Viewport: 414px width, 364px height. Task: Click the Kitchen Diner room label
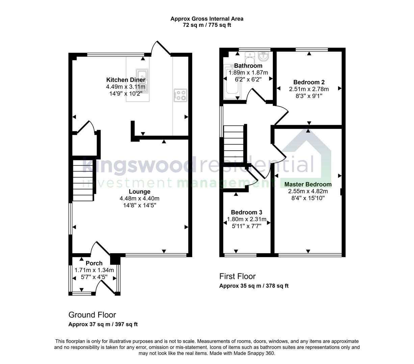(x=126, y=80)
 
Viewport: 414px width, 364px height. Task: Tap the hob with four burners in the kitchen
(x=180, y=95)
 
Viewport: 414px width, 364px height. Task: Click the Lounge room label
(x=139, y=192)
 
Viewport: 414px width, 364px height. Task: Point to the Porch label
(x=94, y=263)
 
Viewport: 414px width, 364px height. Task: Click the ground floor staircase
(x=83, y=181)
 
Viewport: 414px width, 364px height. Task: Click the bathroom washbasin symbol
(x=263, y=56)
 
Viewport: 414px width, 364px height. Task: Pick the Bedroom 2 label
(x=309, y=82)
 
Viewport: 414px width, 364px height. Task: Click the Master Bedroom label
(x=308, y=184)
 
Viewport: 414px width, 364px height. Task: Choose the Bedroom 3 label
(x=246, y=212)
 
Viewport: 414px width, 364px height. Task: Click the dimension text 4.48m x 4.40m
(x=139, y=199)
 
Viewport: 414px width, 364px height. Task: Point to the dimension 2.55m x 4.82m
(x=308, y=191)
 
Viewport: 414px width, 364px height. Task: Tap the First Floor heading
(x=237, y=276)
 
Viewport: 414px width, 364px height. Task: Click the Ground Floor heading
(x=92, y=315)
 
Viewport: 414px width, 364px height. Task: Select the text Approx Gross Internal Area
(x=207, y=19)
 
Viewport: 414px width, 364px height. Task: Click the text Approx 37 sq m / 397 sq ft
(x=103, y=325)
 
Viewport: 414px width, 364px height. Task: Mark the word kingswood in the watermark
(x=138, y=165)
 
